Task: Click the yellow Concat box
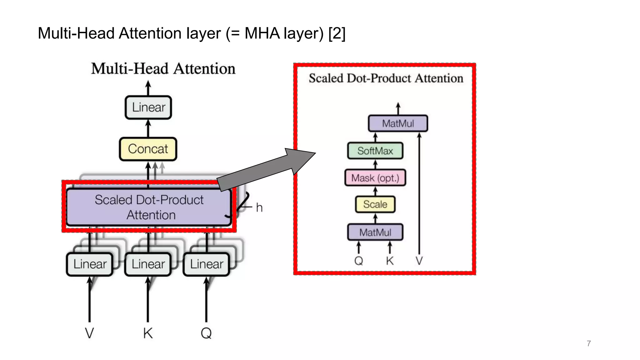pos(148,149)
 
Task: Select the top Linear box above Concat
pos(148,107)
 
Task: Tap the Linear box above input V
pos(90,264)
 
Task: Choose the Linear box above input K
pos(148,264)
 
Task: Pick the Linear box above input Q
pos(206,264)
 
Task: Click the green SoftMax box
pos(375,151)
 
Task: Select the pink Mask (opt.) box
pos(375,178)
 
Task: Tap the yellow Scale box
pos(375,204)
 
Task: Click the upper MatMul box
pos(398,123)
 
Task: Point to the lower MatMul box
pos(375,232)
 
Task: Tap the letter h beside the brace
pos(259,208)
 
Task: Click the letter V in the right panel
pos(419,261)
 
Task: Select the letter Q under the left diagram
pos(206,333)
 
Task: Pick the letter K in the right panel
pos(390,261)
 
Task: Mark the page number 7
pos(589,343)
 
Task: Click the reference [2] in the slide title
pos(337,33)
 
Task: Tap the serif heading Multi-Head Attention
pos(163,69)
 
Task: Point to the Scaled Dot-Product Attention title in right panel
pos(386,78)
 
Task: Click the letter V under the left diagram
pos(89,333)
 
